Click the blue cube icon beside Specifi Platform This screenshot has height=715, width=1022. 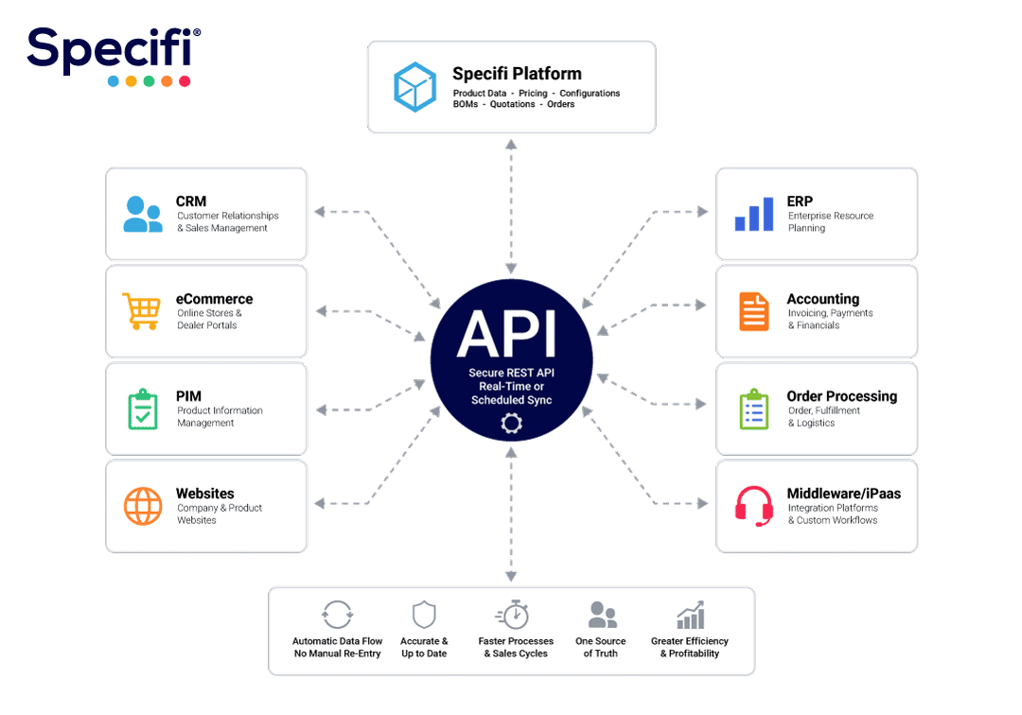tap(414, 87)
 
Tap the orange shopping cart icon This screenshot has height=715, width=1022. tap(141, 311)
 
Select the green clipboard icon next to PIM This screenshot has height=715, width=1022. tap(143, 409)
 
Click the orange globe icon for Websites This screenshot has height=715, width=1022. tap(143, 506)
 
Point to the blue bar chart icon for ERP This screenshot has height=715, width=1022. tap(754, 214)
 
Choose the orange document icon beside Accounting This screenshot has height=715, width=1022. tap(754, 311)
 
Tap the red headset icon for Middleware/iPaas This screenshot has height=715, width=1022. tap(754, 506)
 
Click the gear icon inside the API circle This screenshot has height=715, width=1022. tap(512, 424)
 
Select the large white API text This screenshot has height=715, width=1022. tap(507, 333)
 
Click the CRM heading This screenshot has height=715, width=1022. tap(191, 201)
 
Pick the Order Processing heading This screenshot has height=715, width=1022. tap(841, 396)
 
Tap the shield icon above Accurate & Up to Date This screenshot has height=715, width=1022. tap(424, 614)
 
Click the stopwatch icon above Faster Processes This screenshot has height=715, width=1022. tap(512, 614)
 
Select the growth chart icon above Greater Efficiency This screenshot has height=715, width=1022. tap(690, 615)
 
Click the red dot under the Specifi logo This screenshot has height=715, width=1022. tap(185, 81)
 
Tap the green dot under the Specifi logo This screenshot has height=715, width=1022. tap(149, 81)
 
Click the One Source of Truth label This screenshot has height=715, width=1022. tap(600, 647)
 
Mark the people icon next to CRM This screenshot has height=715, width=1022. tap(143, 215)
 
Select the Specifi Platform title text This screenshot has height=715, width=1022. tap(517, 74)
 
